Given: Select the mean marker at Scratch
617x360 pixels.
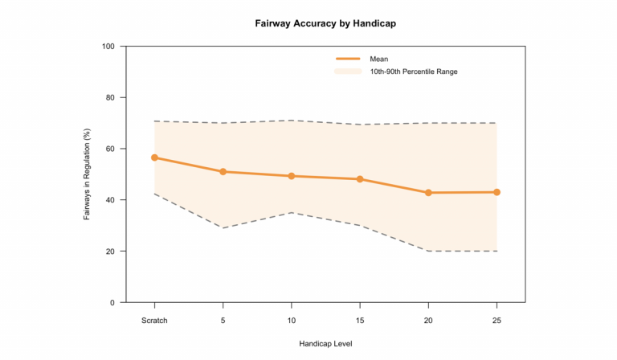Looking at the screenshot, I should click(154, 157).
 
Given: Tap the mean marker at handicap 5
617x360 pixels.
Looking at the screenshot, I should click(223, 172).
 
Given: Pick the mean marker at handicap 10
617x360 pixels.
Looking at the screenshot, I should click(291, 176).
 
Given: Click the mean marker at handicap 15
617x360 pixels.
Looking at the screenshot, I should click(360, 179).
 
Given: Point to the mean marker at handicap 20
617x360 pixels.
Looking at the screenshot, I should click(428, 193).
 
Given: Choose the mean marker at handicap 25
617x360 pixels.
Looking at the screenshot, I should click(496, 192).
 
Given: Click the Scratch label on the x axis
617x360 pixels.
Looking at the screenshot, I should click(154, 319).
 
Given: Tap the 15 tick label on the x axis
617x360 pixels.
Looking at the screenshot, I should click(360, 319).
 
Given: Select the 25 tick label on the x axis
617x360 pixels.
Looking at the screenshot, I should click(496, 319).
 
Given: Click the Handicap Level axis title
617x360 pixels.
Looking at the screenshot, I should click(325, 343).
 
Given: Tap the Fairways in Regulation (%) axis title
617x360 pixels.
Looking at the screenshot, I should click(88, 174).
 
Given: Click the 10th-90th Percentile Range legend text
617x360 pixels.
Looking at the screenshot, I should click(414, 72).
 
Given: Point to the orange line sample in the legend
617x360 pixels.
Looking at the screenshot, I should click(348, 59).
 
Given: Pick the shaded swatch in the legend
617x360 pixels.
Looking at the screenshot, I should click(348, 72).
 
